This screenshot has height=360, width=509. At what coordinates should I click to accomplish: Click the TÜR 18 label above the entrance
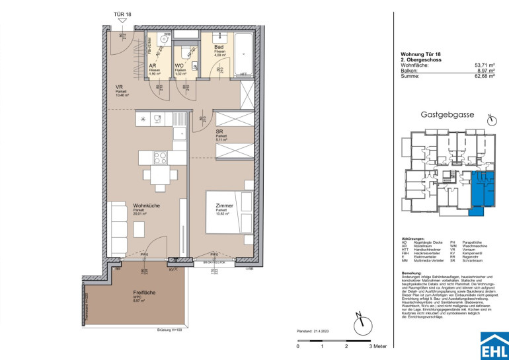(123, 14)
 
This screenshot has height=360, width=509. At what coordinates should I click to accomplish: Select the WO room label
(179, 65)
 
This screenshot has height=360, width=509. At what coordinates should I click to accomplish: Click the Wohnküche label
(128, 205)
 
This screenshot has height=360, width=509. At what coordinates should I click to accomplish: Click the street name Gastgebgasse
(448, 114)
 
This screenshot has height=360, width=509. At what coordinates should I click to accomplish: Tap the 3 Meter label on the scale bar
(378, 345)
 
